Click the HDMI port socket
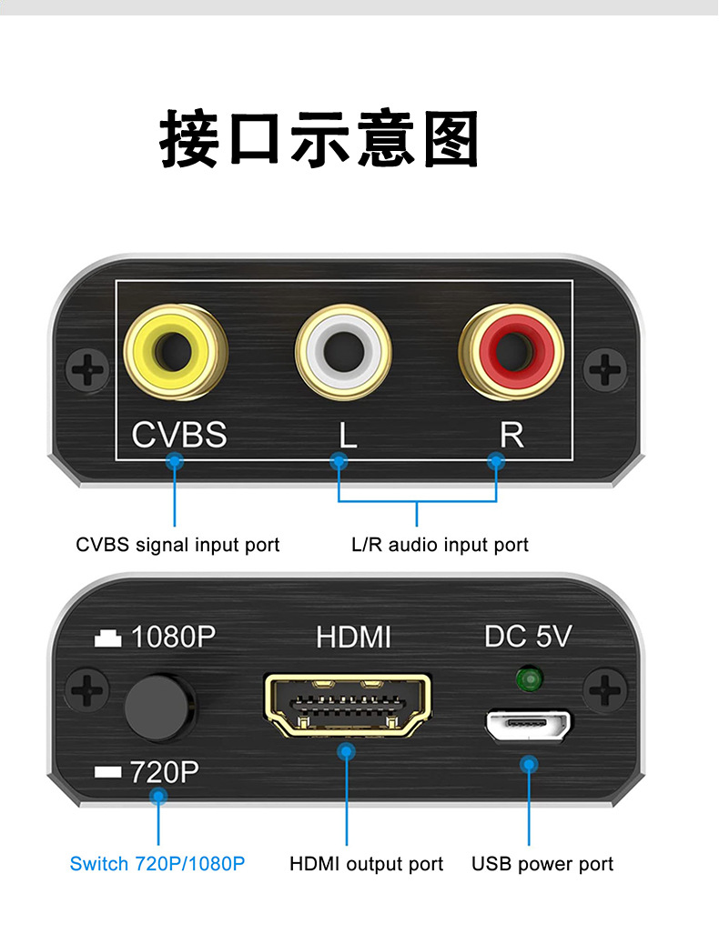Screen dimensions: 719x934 (x=347, y=704)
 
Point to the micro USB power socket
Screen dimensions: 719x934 (x=528, y=726)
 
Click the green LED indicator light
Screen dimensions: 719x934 (x=526, y=678)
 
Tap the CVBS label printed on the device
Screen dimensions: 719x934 (x=179, y=435)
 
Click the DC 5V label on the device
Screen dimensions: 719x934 (x=528, y=637)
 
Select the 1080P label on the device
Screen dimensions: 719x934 (x=173, y=637)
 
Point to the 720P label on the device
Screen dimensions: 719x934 (x=164, y=772)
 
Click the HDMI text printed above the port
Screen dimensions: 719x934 (x=353, y=637)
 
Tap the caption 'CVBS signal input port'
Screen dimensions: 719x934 (x=177, y=545)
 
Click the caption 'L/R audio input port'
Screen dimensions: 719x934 (x=440, y=545)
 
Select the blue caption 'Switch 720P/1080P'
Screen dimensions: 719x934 (x=157, y=863)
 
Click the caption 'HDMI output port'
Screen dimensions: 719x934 (x=366, y=863)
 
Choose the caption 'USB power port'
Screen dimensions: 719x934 (x=542, y=863)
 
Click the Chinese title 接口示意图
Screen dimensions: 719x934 (x=319, y=139)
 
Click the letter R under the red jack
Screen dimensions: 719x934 (x=511, y=435)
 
